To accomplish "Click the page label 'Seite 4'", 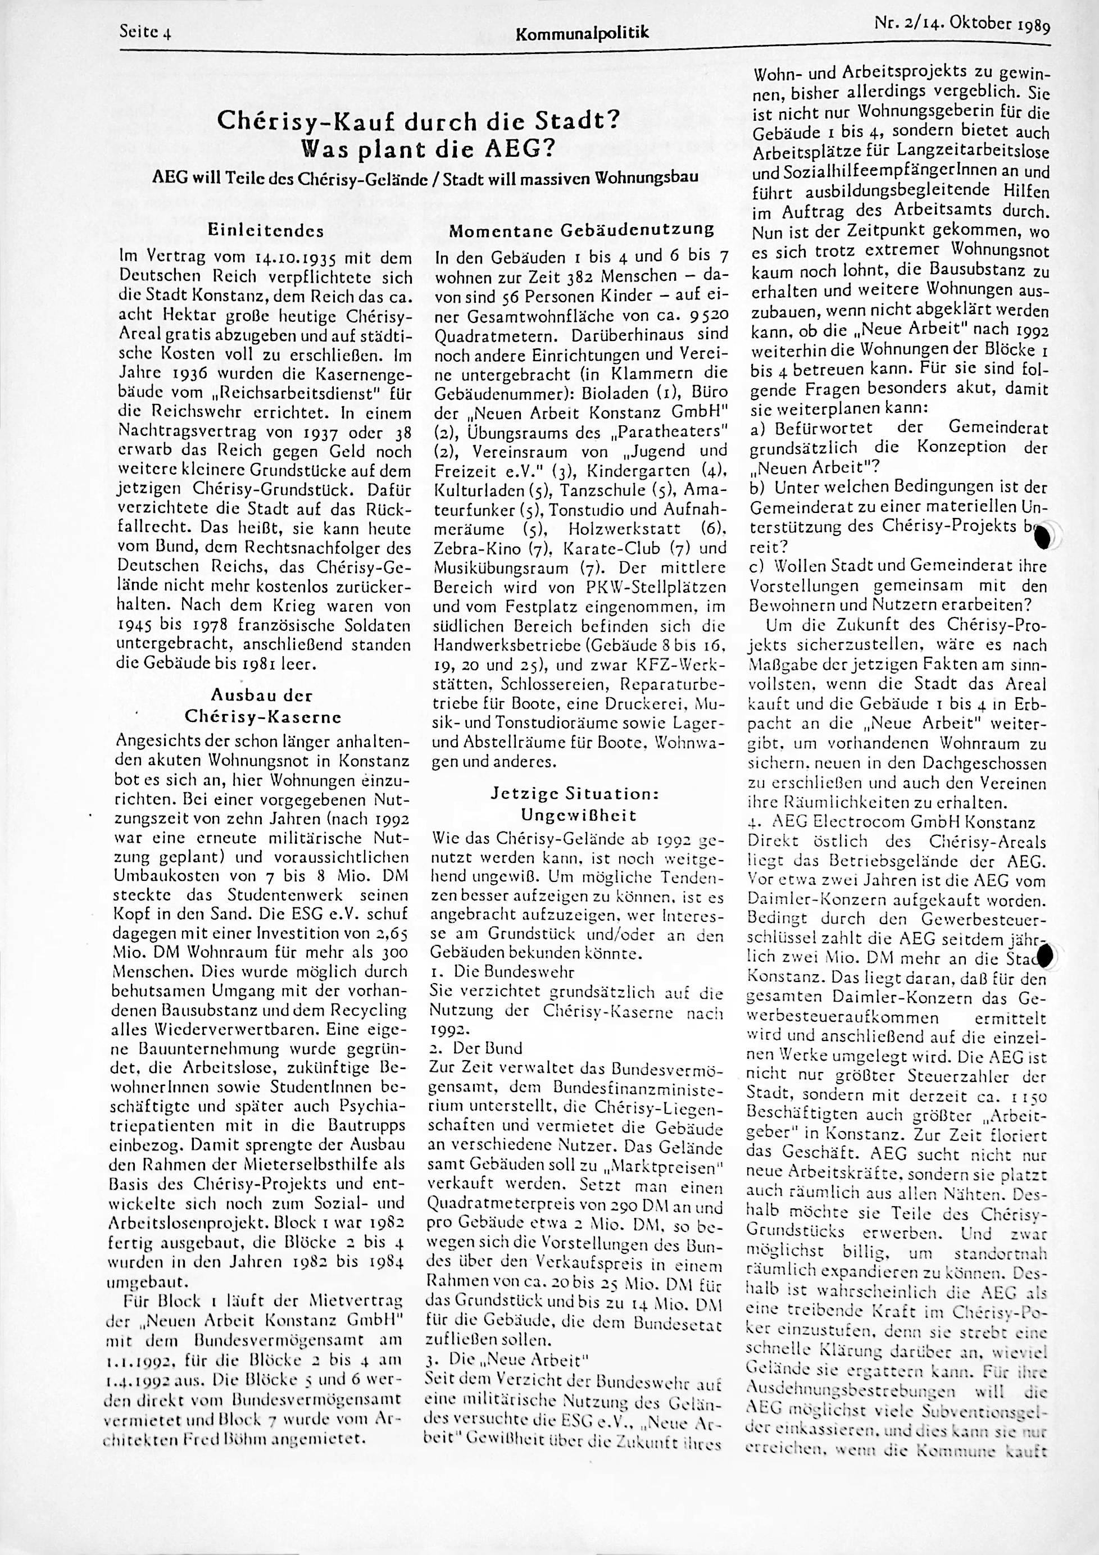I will [x=144, y=30].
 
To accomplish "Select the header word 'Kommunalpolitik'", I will [x=582, y=33].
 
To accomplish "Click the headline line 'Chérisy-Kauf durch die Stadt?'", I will [x=418, y=122].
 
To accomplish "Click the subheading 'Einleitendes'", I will [x=266, y=230].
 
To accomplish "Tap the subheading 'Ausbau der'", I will [x=262, y=694].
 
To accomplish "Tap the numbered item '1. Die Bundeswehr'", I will [x=502, y=972].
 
